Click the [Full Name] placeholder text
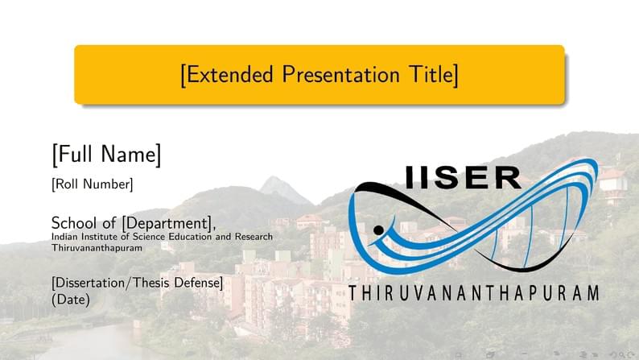click(x=106, y=154)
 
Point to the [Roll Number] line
click(x=92, y=184)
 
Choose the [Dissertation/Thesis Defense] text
click(x=137, y=283)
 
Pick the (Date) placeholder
click(x=71, y=299)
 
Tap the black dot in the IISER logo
click(x=378, y=231)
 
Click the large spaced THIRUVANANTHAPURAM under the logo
click(x=473, y=292)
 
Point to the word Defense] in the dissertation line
click(x=198, y=283)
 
